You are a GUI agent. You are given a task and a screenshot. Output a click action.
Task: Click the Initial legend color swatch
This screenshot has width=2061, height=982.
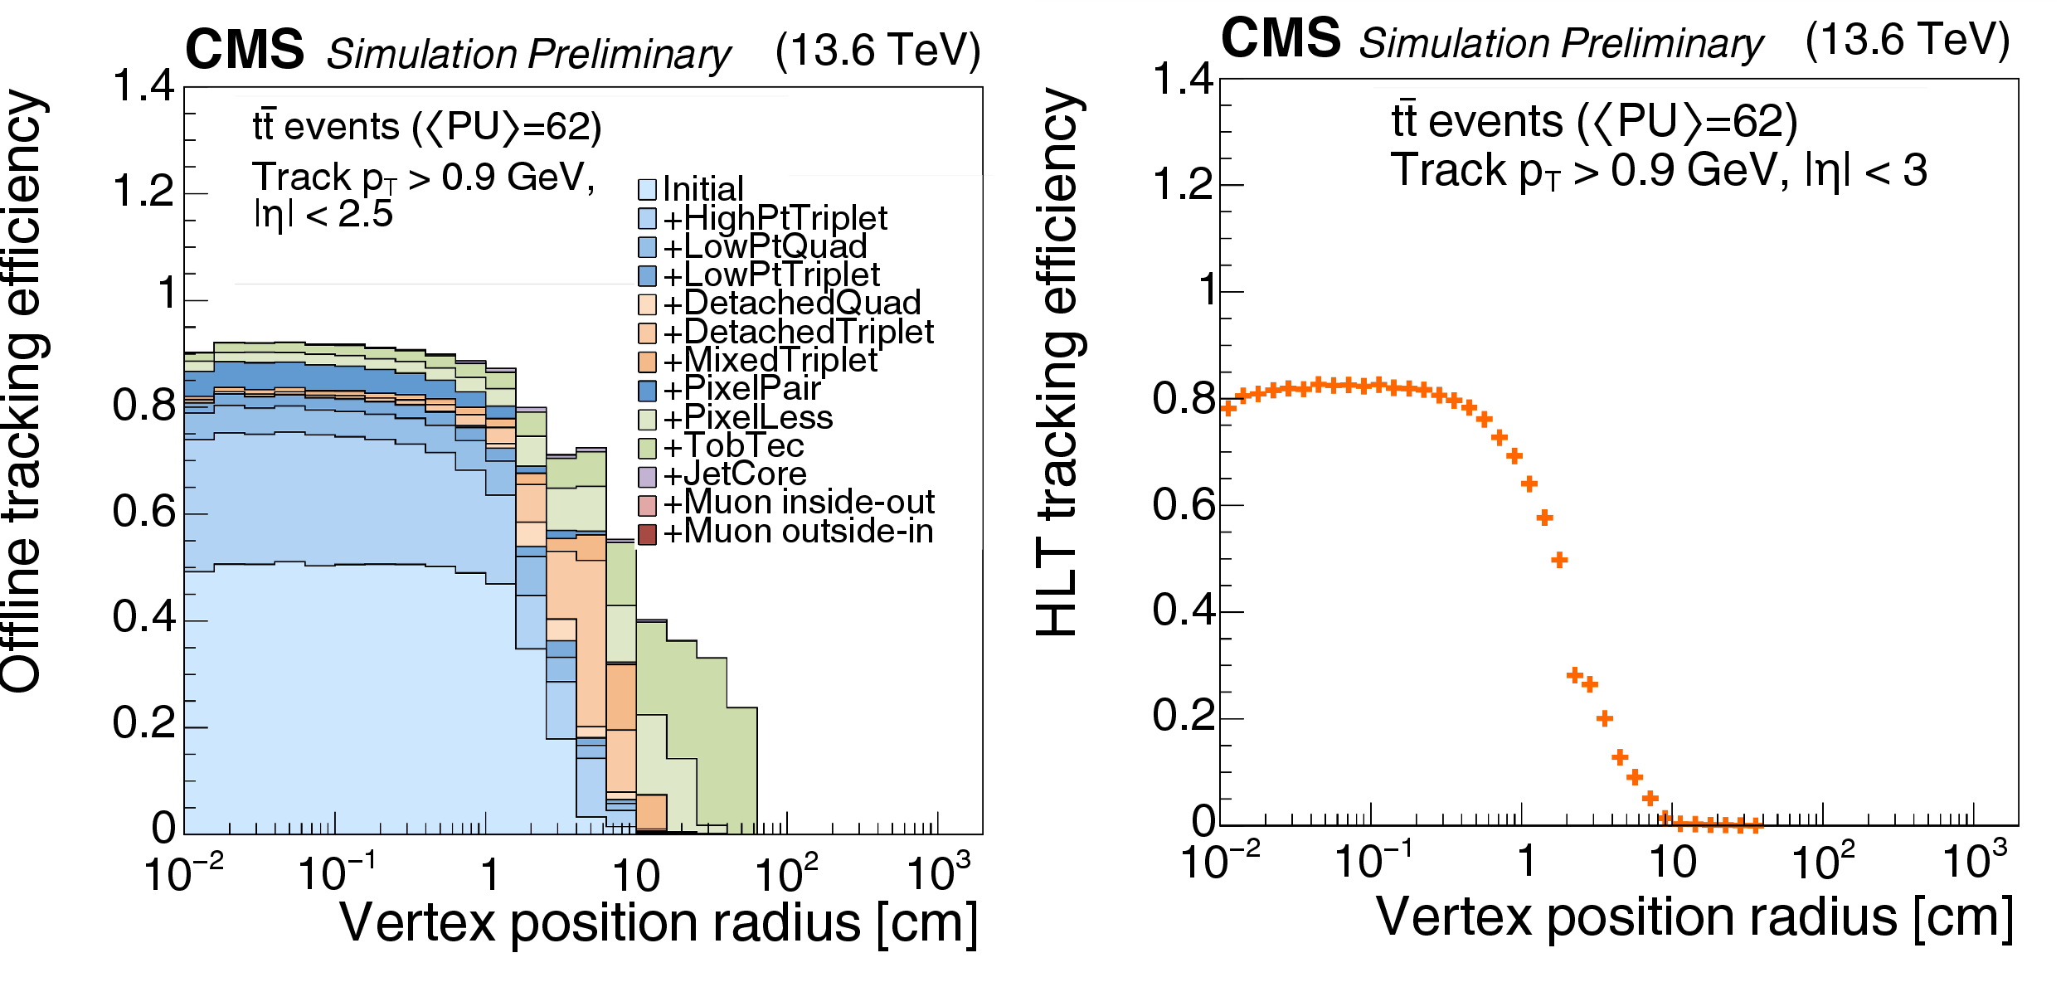tap(647, 189)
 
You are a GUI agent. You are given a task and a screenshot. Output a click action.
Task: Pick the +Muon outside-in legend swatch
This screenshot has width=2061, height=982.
tap(647, 533)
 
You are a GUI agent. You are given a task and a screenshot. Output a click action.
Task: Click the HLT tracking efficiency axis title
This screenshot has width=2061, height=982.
tap(1060, 361)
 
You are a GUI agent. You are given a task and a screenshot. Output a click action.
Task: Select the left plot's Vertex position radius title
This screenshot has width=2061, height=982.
tap(659, 922)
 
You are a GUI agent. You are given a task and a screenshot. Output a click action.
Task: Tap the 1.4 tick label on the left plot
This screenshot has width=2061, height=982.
tap(143, 86)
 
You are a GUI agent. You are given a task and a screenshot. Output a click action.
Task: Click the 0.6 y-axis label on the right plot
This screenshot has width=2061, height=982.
tap(1182, 504)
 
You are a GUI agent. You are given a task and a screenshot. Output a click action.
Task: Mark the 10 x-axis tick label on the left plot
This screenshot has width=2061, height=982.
tap(635, 876)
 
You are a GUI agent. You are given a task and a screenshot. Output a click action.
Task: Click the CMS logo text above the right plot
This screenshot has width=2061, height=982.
tap(1281, 38)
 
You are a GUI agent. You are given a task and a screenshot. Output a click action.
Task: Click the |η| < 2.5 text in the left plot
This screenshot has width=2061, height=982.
tap(323, 215)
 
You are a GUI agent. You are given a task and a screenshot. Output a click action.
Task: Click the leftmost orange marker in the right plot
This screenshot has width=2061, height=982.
tap(1228, 407)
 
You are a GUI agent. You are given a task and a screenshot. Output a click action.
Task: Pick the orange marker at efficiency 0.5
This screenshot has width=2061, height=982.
tap(1559, 560)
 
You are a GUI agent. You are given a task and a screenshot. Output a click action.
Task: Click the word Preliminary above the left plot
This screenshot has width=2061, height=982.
tap(629, 54)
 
